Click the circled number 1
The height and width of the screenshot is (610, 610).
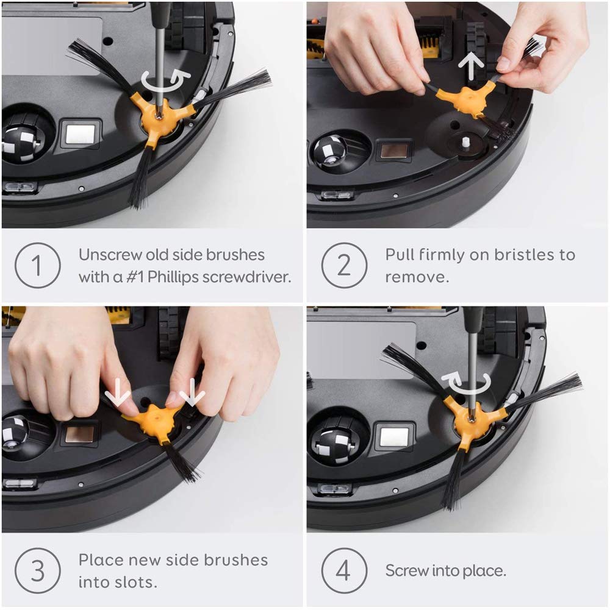(x=38, y=266)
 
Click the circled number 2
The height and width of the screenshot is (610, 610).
(x=344, y=266)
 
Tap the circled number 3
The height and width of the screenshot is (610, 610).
(x=38, y=571)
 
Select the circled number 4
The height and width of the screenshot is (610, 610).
(x=344, y=571)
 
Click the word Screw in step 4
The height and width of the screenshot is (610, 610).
(x=407, y=571)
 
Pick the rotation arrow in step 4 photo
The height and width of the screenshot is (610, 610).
(x=470, y=383)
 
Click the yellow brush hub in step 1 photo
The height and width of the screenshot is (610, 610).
(x=159, y=116)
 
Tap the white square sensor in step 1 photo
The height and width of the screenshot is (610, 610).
(x=80, y=134)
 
